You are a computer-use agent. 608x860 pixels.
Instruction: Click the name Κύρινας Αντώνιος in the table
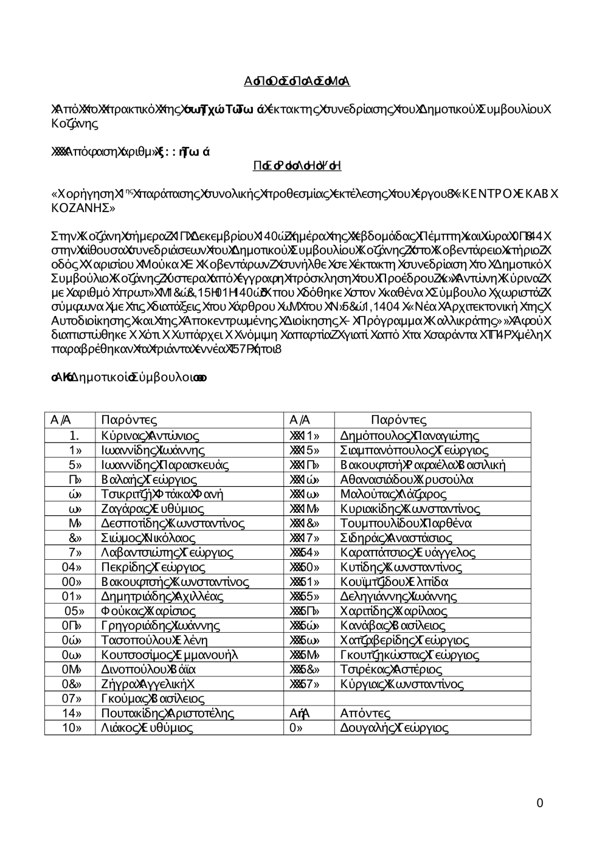click(150, 436)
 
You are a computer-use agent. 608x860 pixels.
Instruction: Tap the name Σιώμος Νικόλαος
click(148, 538)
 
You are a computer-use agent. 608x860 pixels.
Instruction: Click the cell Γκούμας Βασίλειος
click(153, 698)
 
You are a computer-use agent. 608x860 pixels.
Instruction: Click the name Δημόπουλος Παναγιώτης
click(410, 436)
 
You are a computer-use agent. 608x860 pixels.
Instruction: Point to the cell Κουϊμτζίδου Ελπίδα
click(395, 582)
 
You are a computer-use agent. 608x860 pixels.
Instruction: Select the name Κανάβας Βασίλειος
click(393, 625)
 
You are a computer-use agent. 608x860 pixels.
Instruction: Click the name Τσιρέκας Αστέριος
click(391, 669)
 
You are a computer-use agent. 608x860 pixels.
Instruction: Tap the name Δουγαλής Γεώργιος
click(395, 728)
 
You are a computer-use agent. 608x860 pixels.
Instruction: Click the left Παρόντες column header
click(129, 420)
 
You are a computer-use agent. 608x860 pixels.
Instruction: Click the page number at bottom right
click(540, 803)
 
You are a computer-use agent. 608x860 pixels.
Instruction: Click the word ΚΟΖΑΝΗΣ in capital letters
click(83, 208)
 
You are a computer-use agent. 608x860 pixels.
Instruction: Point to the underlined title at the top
click(297, 81)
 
